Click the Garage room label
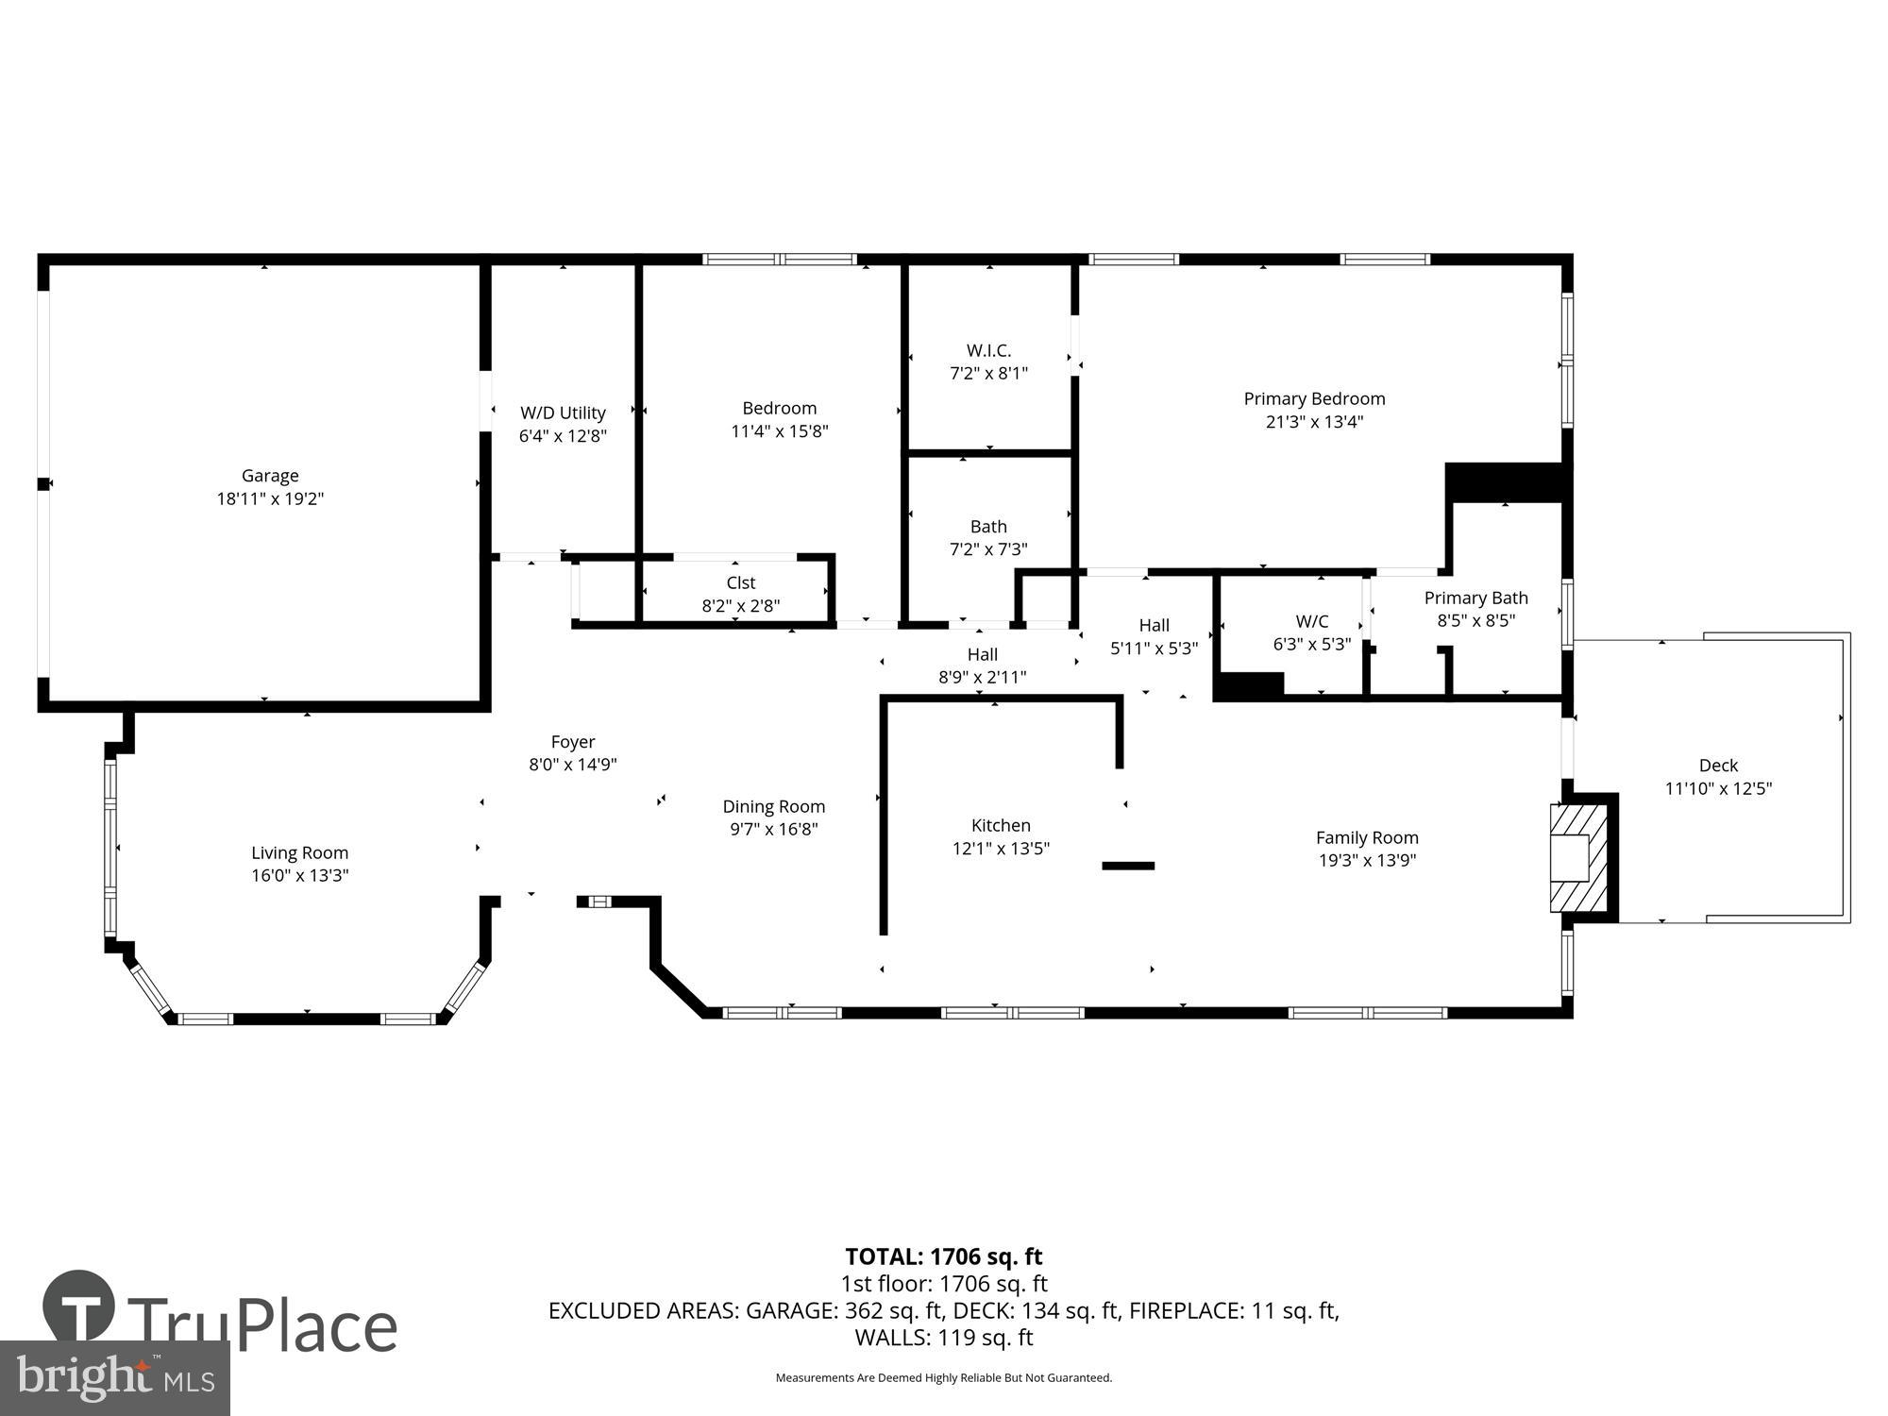pyautogui.click(x=270, y=476)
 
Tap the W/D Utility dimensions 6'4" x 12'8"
pyautogui.click(x=563, y=436)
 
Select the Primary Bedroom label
pyautogui.click(x=1314, y=398)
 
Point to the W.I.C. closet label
pyautogui.click(x=988, y=350)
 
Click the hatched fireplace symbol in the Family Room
pyautogui.click(x=1578, y=857)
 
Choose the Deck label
pyautogui.click(x=1718, y=766)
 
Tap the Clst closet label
pyautogui.click(x=741, y=583)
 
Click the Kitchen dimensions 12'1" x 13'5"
pyautogui.click(x=1001, y=849)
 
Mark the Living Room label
pyautogui.click(x=299, y=852)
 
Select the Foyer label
pyautogui.click(x=573, y=742)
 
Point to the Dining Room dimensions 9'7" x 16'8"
pyautogui.click(x=774, y=830)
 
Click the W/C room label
pyautogui.click(x=1312, y=621)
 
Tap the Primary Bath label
pyautogui.click(x=1475, y=598)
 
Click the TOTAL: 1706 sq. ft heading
pyautogui.click(x=943, y=1256)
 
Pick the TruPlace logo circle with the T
pyautogui.click(x=79, y=1308)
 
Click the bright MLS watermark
pyautogui.click(x=114, y=1378)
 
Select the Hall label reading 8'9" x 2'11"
pyautogui.click(x=982, y=654)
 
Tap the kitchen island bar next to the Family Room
pyautogui.click(x=1128, y=866)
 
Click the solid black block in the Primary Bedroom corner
pyautogui.click(x=1505, y=482)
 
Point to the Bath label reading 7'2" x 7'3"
pyautogui.click(x=988, y=527)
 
